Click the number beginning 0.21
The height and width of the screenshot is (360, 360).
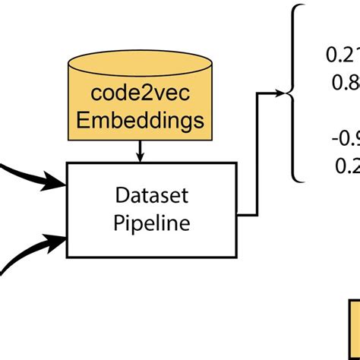point(343,55)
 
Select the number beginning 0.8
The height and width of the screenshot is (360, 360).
point(346,81)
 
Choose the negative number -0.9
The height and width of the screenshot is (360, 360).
point(345,138)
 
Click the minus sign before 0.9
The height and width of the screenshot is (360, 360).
point(335,138)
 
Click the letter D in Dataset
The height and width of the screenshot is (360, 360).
point(121,195)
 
